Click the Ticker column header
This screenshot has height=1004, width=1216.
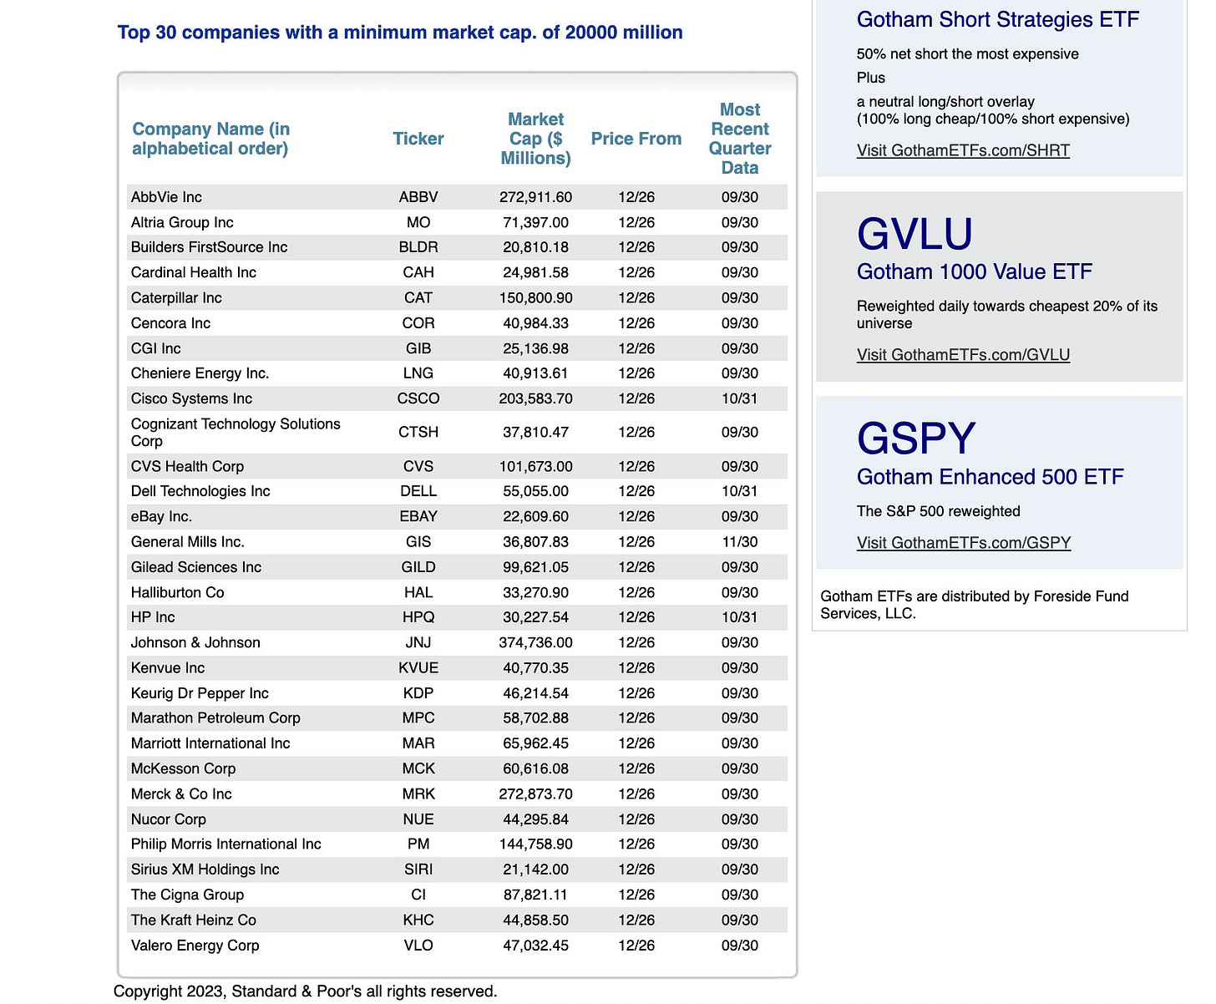point(418,139)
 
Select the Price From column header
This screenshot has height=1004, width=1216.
point(636,139)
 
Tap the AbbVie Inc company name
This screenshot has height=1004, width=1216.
point(166,197)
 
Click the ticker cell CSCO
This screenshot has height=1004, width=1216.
point(418,398)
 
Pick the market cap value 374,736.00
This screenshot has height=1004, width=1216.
point(535,642)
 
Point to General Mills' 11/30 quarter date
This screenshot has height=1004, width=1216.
point(739,542)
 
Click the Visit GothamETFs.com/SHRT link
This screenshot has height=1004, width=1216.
point(963,150)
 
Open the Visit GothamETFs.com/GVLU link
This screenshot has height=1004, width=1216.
point(963,355)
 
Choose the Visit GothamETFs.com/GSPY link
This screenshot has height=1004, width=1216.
point(963,543)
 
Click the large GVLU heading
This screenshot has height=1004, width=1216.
point(915,234)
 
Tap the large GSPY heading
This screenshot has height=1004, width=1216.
point(916,439)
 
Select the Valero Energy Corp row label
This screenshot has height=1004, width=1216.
point(195,946)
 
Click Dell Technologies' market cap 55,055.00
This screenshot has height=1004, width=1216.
point(535,491)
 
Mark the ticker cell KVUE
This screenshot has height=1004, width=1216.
point(418,668)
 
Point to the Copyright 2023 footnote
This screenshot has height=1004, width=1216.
point(305,991)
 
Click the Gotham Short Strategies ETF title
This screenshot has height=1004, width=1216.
point(997,19)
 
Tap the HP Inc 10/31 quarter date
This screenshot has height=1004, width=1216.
point(739,617)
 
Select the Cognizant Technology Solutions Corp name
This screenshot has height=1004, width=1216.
point(236,432)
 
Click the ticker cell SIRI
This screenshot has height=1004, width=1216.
point(418,870)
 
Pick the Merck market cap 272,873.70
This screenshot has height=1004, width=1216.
point(535,794)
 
